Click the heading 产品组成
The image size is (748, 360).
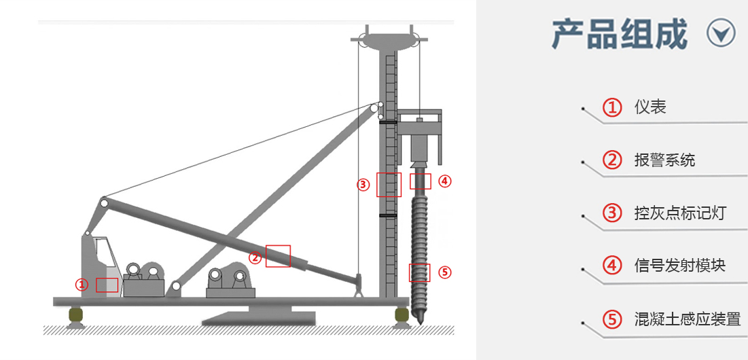pyautogui.click(x=620, y=34)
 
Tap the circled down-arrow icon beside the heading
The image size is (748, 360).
pyautogui.click(x=722, y=33)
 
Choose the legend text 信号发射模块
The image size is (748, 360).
pyautogui.click(x=680, y=265)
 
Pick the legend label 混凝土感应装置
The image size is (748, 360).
pyautogui.click(x=688, y=318)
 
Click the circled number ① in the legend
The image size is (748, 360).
pyautogui.click(x=612, y=107)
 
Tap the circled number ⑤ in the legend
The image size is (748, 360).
pyautogui.click(x=612, y=319)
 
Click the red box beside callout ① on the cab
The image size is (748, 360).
pyautogui.click(x=107, y=285)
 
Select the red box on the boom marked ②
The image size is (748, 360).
pyautogui.click(x=278, y=256)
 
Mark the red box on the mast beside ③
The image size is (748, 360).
pyautogui.click(x=389, y=185)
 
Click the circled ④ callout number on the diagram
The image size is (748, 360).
pyautogui.click(x=444, y=181)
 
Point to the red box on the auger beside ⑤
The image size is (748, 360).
pyautogui.click(x=420, y=272)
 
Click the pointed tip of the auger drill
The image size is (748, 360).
pyautogui.click(x=420, y=324)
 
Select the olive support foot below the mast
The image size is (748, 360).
pyautogui.click(x=402, y=315)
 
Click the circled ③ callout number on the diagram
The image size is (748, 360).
pyautogui.click(x=363, y=185)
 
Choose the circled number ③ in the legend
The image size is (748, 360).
pyautogui.click(x=612, y=213)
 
